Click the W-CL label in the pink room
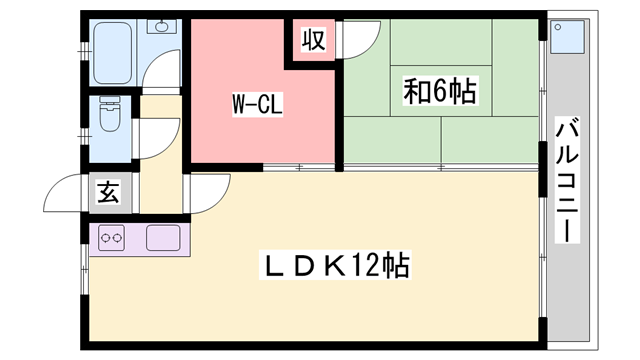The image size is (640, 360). click(x=258, y=103)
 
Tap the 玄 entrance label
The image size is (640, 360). click(x=108, y=193)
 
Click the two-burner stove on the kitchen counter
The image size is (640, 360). click(x=110, y=239)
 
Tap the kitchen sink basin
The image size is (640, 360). click(x=162, y=238)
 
